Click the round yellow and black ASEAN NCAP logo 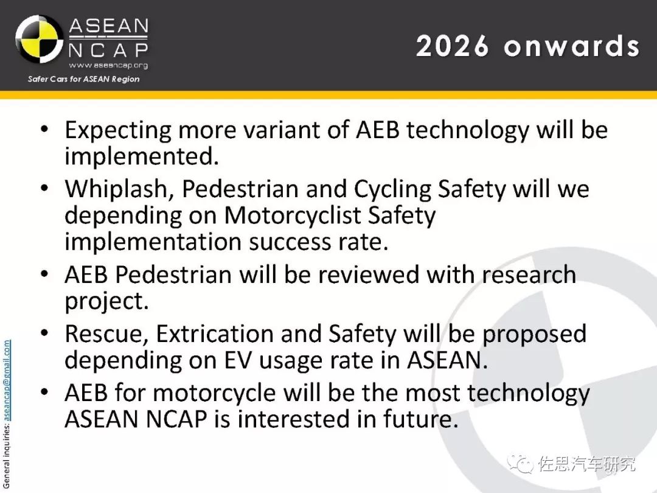click(x=39, y=39)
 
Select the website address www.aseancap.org click(x=108, y=65)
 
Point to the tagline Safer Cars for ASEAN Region click(x=84, y=79)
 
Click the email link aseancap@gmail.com click(x=7, y=380)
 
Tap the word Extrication click(x=215, y=334)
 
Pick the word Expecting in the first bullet click(x=118, y=130)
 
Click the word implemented click(x=142, y=156)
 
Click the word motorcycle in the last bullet click(x=214, y=393)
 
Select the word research click(x=529, y=274)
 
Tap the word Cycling click(x=392, y=189)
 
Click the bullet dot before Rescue click(x=44, y=334)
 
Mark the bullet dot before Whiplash click(x=44, y=188)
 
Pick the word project click(x=107, y=301)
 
